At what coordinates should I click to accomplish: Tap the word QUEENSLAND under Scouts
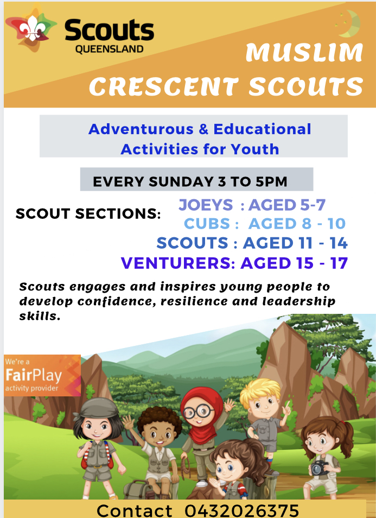pos(109,49)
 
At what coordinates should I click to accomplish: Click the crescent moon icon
pos(349,23)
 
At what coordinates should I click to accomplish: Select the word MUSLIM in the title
pos(304,53)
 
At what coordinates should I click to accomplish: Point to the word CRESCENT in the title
pos(164,86)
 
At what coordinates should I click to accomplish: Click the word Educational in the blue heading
pos(262,129)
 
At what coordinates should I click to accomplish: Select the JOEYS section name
pos(206,205)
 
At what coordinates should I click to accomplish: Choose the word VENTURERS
pos(176,263)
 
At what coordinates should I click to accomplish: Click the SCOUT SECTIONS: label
pos(88,214)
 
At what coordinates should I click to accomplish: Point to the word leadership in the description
pos(299,301)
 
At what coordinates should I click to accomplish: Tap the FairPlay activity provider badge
pos(42,375)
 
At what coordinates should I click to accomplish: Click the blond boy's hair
pos(260,393)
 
